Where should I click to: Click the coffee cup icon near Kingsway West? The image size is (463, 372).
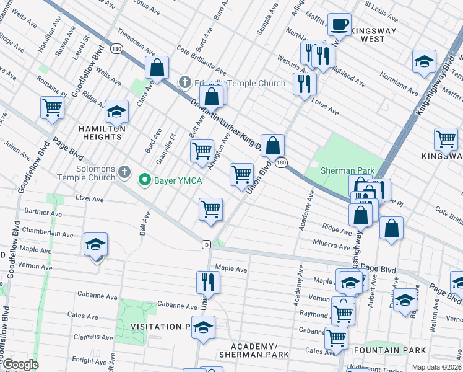click(339, 25)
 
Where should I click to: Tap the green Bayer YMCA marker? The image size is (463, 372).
click(145, 180)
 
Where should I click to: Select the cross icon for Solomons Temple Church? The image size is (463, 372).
click(124, 171)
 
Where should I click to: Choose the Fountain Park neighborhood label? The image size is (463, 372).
click(389, 350)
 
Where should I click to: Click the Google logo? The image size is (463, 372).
click(20, 365)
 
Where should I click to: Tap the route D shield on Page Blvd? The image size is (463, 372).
click(206, 244)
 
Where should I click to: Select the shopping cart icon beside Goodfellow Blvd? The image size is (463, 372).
click(52, 107)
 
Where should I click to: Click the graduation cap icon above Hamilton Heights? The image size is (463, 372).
click(116, 112)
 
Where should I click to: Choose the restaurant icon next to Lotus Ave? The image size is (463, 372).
click(304, 84)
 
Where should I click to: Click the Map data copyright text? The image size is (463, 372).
click(436, 367)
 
